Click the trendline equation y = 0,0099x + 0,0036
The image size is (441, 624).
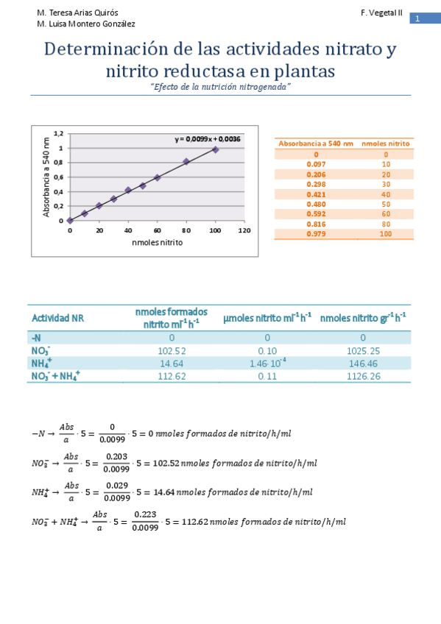tap(208, 138)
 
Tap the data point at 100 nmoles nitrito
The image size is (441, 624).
tap(215, 149)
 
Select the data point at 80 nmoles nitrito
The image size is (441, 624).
tap(186, 161)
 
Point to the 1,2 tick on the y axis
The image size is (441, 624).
tap(60, 134)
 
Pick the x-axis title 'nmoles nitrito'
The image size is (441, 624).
tap(157, 242)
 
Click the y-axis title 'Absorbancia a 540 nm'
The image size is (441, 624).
tap(46, 177)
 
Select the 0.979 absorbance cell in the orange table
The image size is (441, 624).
tap(315, 234)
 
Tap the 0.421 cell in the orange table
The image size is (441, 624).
tap(315, 194)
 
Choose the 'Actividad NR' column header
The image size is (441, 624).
tap(57, 318)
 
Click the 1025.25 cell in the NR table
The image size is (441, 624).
tap(363, 351)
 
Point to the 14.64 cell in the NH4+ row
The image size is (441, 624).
tap(171, 364)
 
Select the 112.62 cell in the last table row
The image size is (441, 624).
tap(171, 376)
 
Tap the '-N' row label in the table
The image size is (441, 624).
tap(37, 338)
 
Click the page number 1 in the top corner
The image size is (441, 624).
tap(417, 18)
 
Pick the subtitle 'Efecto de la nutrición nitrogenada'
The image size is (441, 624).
tap(221, 87)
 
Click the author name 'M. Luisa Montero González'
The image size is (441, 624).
tap(86, 24)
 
